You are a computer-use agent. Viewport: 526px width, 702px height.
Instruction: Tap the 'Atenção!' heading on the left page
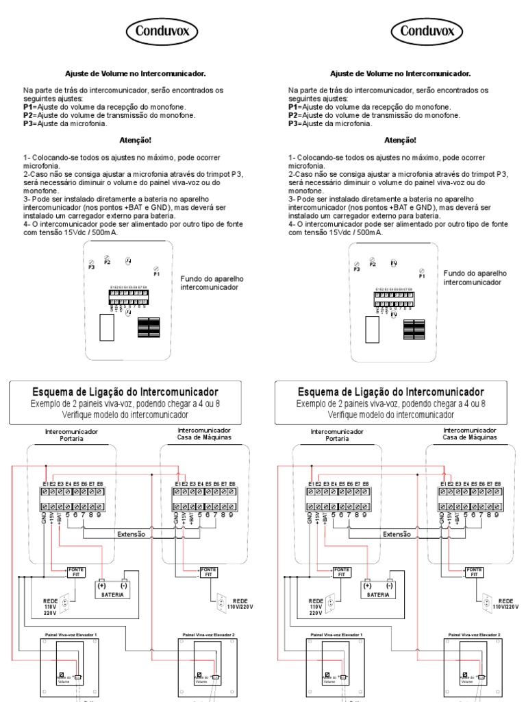136,141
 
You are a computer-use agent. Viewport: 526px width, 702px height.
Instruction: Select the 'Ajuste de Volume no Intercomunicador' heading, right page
401,73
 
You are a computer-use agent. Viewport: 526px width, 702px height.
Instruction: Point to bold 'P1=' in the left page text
29,108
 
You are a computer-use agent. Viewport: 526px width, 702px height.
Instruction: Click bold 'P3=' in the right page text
295,124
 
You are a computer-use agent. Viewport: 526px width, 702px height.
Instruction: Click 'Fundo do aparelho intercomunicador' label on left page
212,283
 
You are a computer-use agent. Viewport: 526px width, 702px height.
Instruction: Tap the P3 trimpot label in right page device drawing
356,270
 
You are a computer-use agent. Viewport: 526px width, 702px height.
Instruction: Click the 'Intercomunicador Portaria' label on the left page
71,435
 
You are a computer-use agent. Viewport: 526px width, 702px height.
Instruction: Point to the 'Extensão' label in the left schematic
131,533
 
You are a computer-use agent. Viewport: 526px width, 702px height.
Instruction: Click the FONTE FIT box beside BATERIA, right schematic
340,572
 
